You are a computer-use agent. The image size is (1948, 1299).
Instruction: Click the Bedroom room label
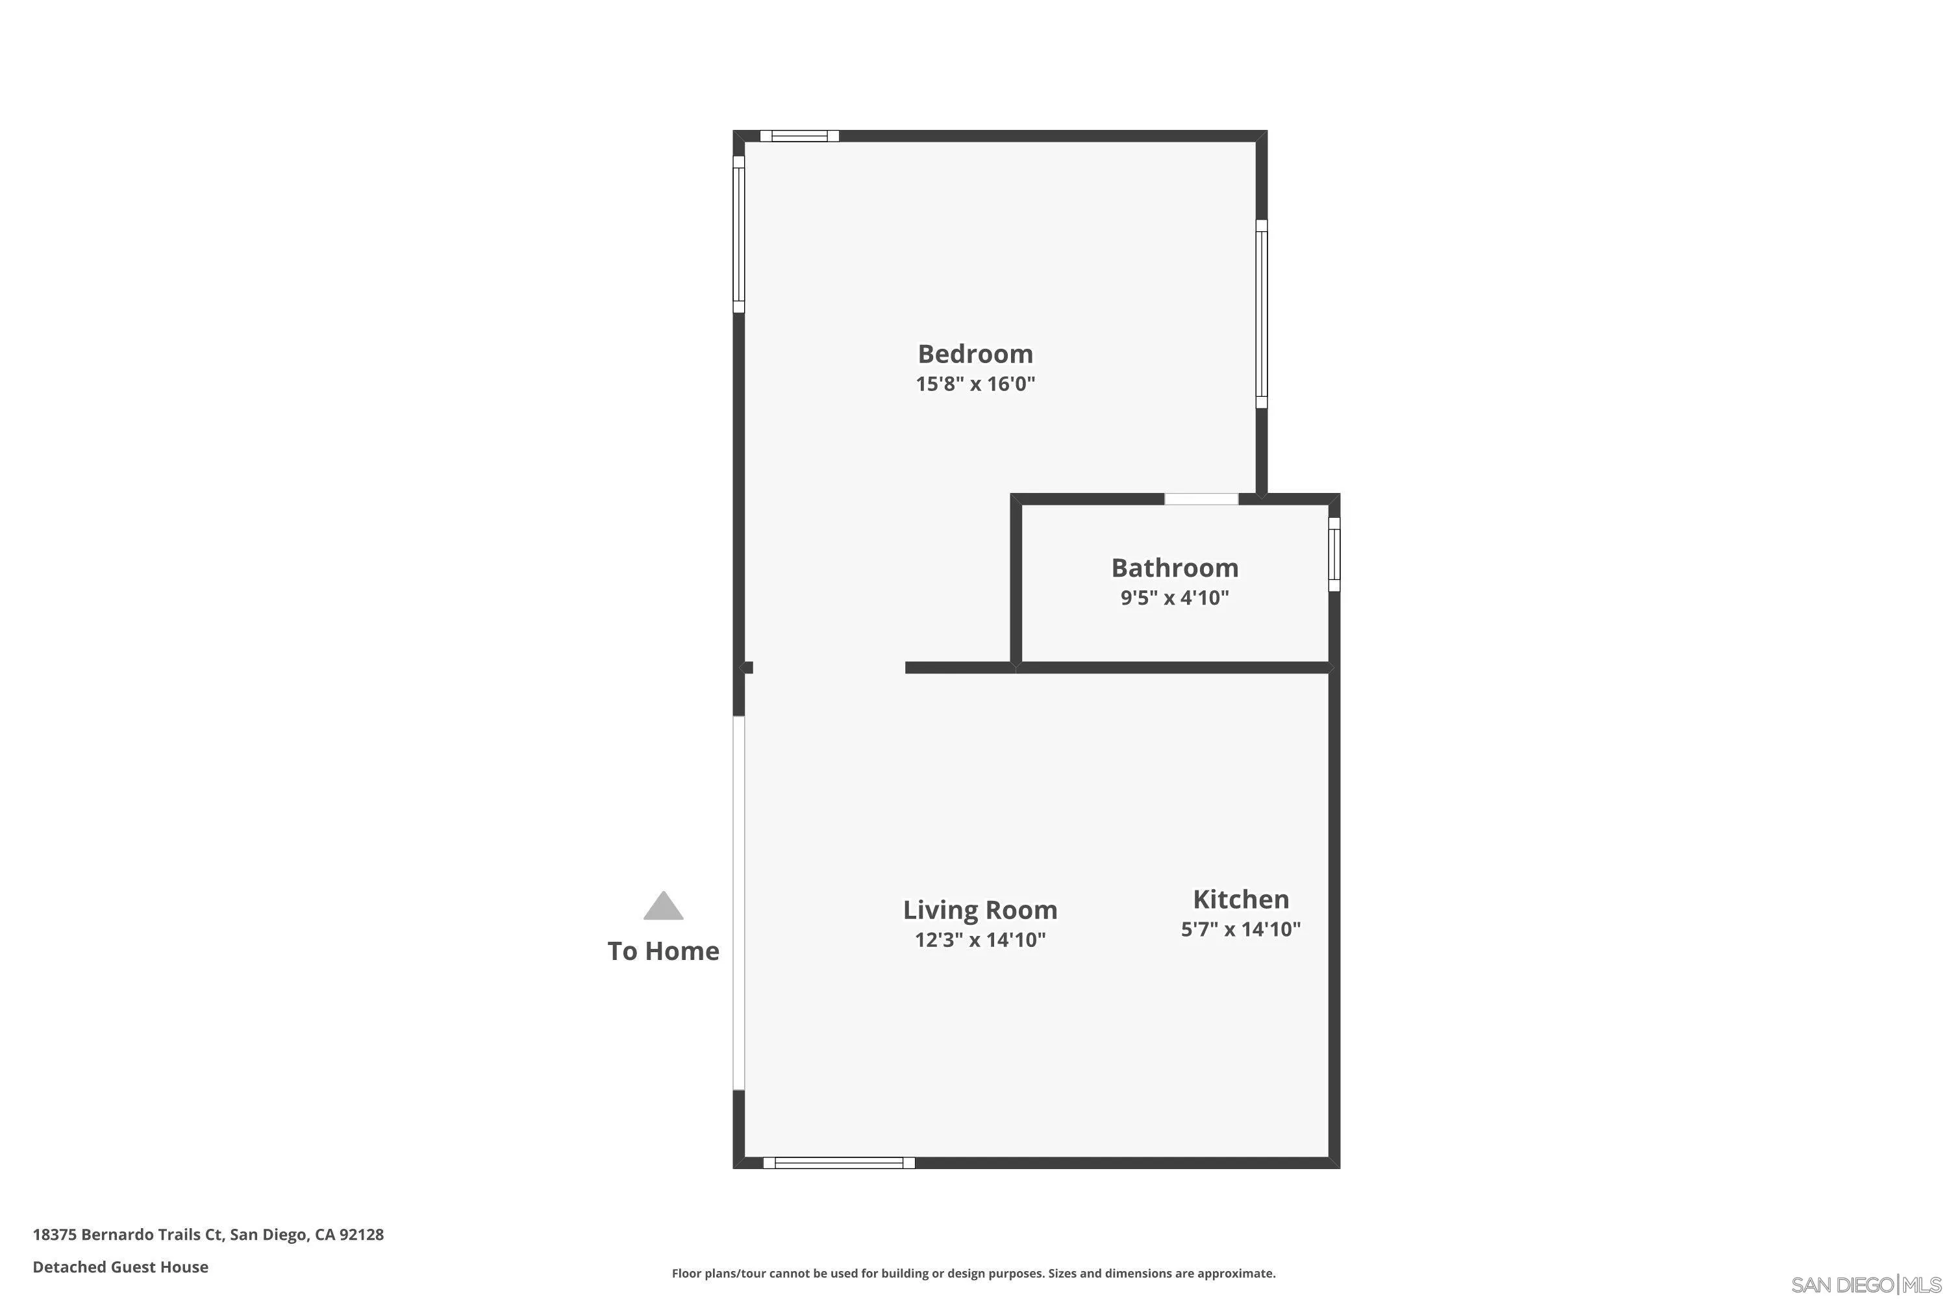pos(975,354)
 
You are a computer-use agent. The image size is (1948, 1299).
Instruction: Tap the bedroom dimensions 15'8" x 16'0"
pos(975,385)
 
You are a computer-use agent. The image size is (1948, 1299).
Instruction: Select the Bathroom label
pos(1175,568)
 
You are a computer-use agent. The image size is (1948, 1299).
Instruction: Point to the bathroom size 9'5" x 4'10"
pos(1175,598)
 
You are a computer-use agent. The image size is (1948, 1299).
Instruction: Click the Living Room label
pos(980,911)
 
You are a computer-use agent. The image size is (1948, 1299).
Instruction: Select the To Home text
pos(664,951)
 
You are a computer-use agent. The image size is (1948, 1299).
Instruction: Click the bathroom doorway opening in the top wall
pos(1201,499)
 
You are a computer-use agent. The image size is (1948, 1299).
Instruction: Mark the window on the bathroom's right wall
pos(1334,554)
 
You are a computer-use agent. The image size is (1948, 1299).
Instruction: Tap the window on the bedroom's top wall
pos(799,136)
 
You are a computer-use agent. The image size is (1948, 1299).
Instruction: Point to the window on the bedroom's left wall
pos(739,234)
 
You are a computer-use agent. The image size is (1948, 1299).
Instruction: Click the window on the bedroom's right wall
pos(1262,314)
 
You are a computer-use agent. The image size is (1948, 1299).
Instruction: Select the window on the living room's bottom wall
pos(838,1163)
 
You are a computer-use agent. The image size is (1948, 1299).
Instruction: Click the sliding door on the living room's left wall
pos(739,903)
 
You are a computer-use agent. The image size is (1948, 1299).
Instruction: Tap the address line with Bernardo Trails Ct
pos(208,1235)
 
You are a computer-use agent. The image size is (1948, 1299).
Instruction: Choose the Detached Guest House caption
pos(120,1267)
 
